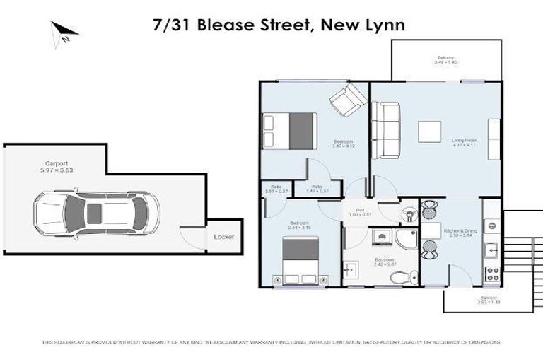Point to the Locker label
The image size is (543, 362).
[223, 237]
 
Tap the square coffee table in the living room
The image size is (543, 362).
[430, 132]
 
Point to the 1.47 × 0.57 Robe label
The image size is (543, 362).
[322, 188]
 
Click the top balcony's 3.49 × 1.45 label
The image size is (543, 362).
[445, 61]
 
